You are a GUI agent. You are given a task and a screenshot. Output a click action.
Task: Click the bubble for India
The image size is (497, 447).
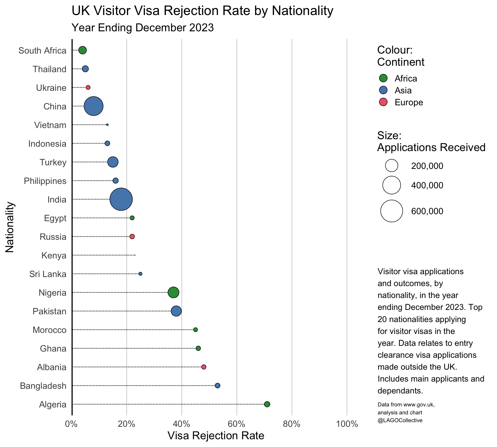[x=121, y=199]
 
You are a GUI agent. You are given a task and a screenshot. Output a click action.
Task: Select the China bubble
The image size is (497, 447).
[x=93, y=106]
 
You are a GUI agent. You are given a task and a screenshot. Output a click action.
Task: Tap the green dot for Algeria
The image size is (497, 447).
[x=267, y=404]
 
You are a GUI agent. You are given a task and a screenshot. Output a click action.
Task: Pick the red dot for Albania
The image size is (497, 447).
[x=204, y=367]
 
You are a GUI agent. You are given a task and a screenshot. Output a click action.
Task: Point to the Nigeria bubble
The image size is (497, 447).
[x=173, y=292]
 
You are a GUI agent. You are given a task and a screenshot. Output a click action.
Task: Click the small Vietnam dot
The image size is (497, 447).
[x=107, y=125]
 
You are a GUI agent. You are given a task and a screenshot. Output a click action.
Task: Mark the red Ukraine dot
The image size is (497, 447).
[x=88, y=87]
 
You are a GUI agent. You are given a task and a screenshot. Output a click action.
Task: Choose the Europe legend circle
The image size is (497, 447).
[x=383, y=102]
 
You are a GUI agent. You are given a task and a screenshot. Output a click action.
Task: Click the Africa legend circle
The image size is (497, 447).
[x=383, y=78]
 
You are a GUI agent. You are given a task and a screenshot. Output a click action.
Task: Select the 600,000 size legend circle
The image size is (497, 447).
[x=392, y=211]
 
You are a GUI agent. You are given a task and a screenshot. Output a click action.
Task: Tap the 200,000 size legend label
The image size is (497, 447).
[x=427, y=166]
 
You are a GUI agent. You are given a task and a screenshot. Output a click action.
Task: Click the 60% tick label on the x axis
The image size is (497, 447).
[x=237, y=424]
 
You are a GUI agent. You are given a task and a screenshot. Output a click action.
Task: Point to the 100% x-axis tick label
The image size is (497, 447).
[x=347, y=424]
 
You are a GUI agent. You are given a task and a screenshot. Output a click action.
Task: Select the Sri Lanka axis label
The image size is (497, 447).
[x=48, y=274]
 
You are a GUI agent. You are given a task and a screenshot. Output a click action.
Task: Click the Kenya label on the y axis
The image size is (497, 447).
[x=54, y=255]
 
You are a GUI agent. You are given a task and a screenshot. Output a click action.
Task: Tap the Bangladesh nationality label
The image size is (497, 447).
[x=43, y=386]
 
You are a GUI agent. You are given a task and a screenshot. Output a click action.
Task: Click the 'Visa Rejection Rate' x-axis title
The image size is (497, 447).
[x=216, y=436]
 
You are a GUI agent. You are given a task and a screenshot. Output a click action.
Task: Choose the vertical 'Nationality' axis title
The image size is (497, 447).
[x=10, y=227]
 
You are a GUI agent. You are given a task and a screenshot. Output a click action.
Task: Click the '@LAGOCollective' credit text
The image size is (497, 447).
[x=400, y=420]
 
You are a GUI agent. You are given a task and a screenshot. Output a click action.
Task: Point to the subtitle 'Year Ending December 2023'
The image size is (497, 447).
[x=143, y=28]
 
